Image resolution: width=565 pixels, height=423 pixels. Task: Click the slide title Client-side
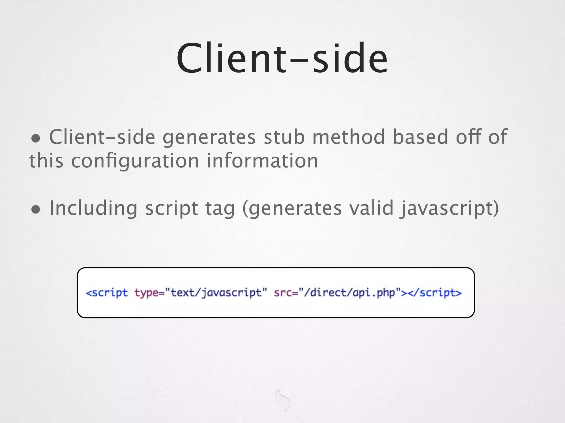point(282,58)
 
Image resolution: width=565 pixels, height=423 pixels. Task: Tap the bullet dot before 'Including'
point(36,210)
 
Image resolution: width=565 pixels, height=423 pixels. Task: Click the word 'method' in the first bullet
point(348,137)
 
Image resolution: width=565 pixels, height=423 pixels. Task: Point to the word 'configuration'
point(135,161)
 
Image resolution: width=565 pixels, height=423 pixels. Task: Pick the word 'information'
point(262,161)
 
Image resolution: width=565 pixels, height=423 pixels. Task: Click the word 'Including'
point(93,208)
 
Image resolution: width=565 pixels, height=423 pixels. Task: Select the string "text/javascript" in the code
point(216,292)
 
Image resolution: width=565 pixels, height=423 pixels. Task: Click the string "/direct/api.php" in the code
point(350,292)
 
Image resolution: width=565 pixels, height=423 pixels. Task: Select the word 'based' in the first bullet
point(420,137)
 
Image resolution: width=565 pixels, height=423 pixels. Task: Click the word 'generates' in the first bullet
point(209,137)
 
